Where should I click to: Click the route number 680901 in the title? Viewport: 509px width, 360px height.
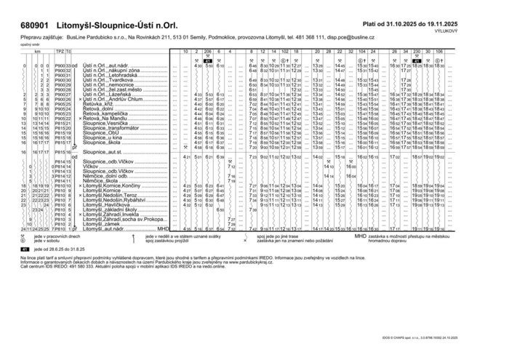click(x=28, y=25)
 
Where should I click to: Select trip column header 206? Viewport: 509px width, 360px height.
click(x=207, y=52)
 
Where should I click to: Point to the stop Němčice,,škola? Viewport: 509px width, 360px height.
click(x=101, y=180)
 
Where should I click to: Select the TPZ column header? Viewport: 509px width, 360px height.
click(x=60, y=52)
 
